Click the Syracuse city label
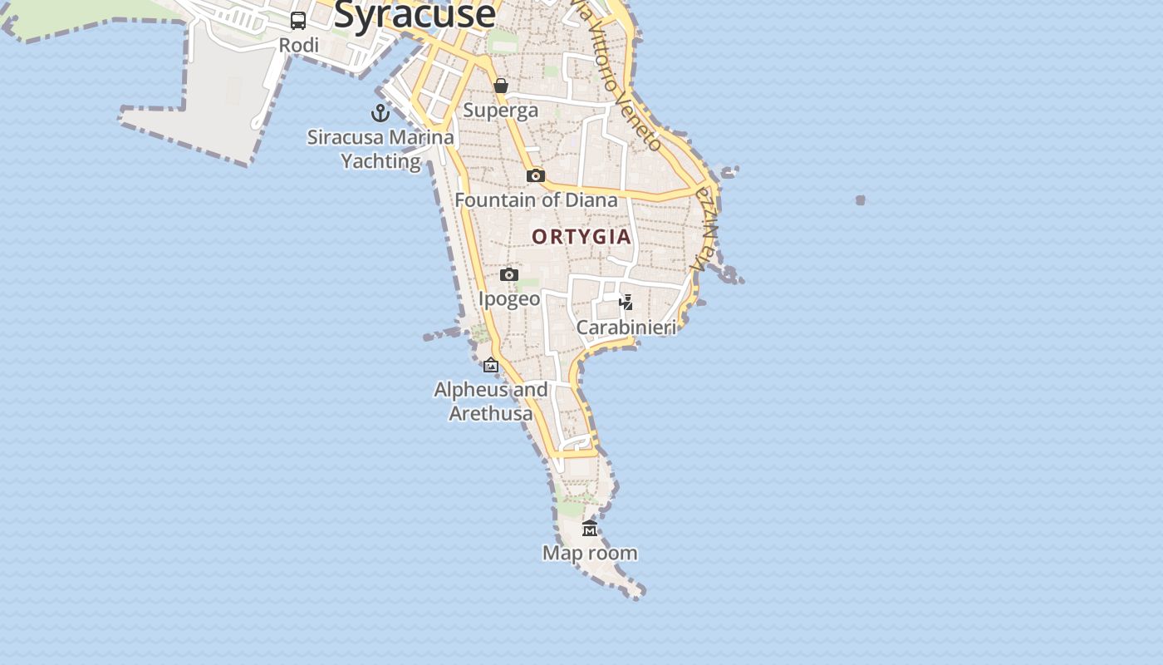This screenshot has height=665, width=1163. pos(415,14)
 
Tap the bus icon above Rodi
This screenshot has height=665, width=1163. pos(298,21)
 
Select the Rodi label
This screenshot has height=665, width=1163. pos(299,45)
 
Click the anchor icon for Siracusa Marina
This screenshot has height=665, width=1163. pos(380,113)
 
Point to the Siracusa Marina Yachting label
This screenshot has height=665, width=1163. pos(380,149)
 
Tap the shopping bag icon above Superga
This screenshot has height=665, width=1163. pos(501,86)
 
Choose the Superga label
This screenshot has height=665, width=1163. pos(501,110)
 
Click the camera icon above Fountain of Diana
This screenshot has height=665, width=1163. pos(536,175)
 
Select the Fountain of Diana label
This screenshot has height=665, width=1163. pos(536,199)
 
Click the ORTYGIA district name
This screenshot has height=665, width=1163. pos(581,237)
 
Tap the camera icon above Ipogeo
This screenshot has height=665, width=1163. pos(509,274)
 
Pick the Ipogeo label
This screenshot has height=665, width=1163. pos(509,298)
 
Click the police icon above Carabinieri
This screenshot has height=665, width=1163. pos(626,303)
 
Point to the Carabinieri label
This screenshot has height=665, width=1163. pos(626,328)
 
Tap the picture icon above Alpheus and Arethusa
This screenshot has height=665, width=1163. pos(491,365)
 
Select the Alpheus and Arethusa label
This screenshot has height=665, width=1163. pos(491,401)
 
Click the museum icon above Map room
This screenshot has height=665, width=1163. pos(590,529)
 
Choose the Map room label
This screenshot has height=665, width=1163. pos(590,553)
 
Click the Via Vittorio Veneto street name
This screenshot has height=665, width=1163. pos(623,79)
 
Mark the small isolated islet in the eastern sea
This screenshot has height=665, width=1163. pos(861,200)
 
